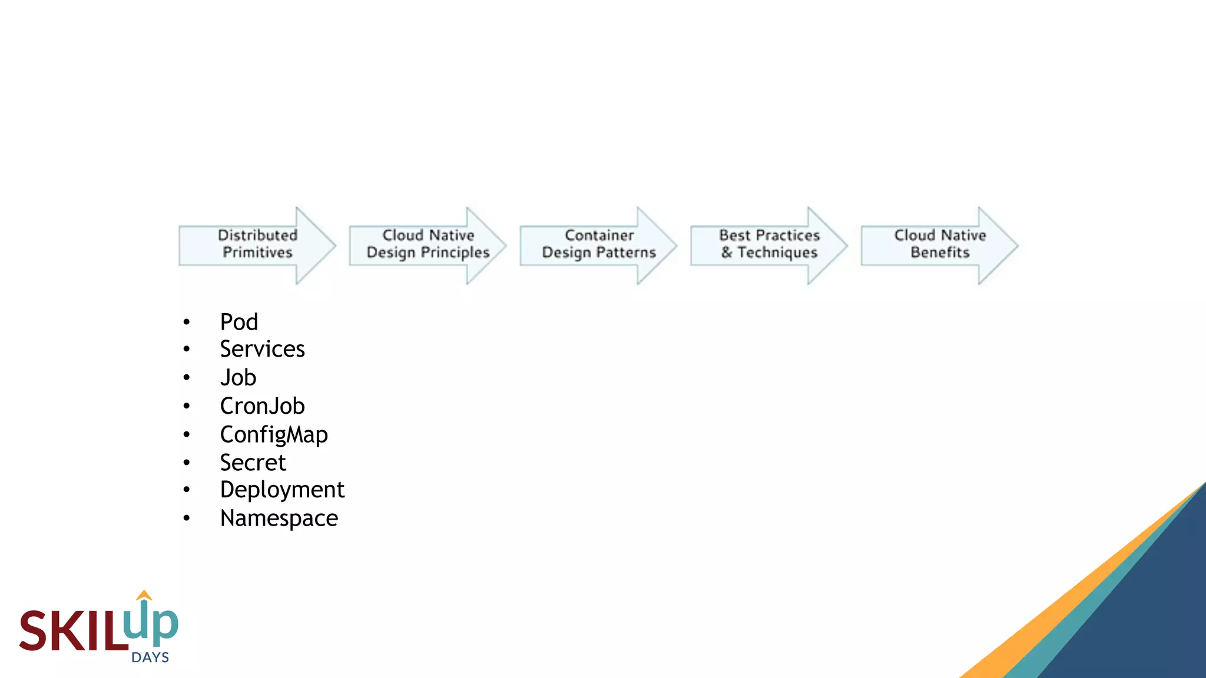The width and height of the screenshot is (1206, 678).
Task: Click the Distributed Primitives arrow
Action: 257,245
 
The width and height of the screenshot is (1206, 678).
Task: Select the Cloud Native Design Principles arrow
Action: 428,245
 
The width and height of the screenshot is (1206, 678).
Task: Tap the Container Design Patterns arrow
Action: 599,245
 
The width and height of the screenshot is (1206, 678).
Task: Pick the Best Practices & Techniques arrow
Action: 769,245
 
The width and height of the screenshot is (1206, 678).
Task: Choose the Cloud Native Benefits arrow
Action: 940,245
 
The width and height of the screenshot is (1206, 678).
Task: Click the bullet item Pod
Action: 239,322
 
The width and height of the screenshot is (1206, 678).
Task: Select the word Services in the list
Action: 262,349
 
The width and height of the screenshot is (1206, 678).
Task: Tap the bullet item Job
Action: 238,377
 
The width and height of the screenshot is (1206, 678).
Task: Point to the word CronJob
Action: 262,406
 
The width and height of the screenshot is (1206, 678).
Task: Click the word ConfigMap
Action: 274,435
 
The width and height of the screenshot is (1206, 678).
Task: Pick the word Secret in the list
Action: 253,463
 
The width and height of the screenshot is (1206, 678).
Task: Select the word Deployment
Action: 282,490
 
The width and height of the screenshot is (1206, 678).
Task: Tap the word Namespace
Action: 279,519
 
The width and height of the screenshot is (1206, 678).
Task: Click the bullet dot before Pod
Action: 187,322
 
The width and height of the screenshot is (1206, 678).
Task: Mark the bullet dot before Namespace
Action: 187,519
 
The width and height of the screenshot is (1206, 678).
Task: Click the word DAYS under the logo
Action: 150,657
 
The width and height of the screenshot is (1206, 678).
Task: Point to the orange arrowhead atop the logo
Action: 144,595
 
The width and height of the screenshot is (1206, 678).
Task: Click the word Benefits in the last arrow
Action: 940,252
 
